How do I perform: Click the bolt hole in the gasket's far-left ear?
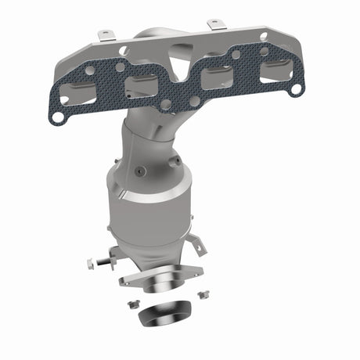[56, 117]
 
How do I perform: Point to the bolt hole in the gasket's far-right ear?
[294, 90]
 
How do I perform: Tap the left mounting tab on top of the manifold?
[105, 35]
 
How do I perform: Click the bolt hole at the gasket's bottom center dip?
[166, 103]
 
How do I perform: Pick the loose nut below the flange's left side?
[130, 301]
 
